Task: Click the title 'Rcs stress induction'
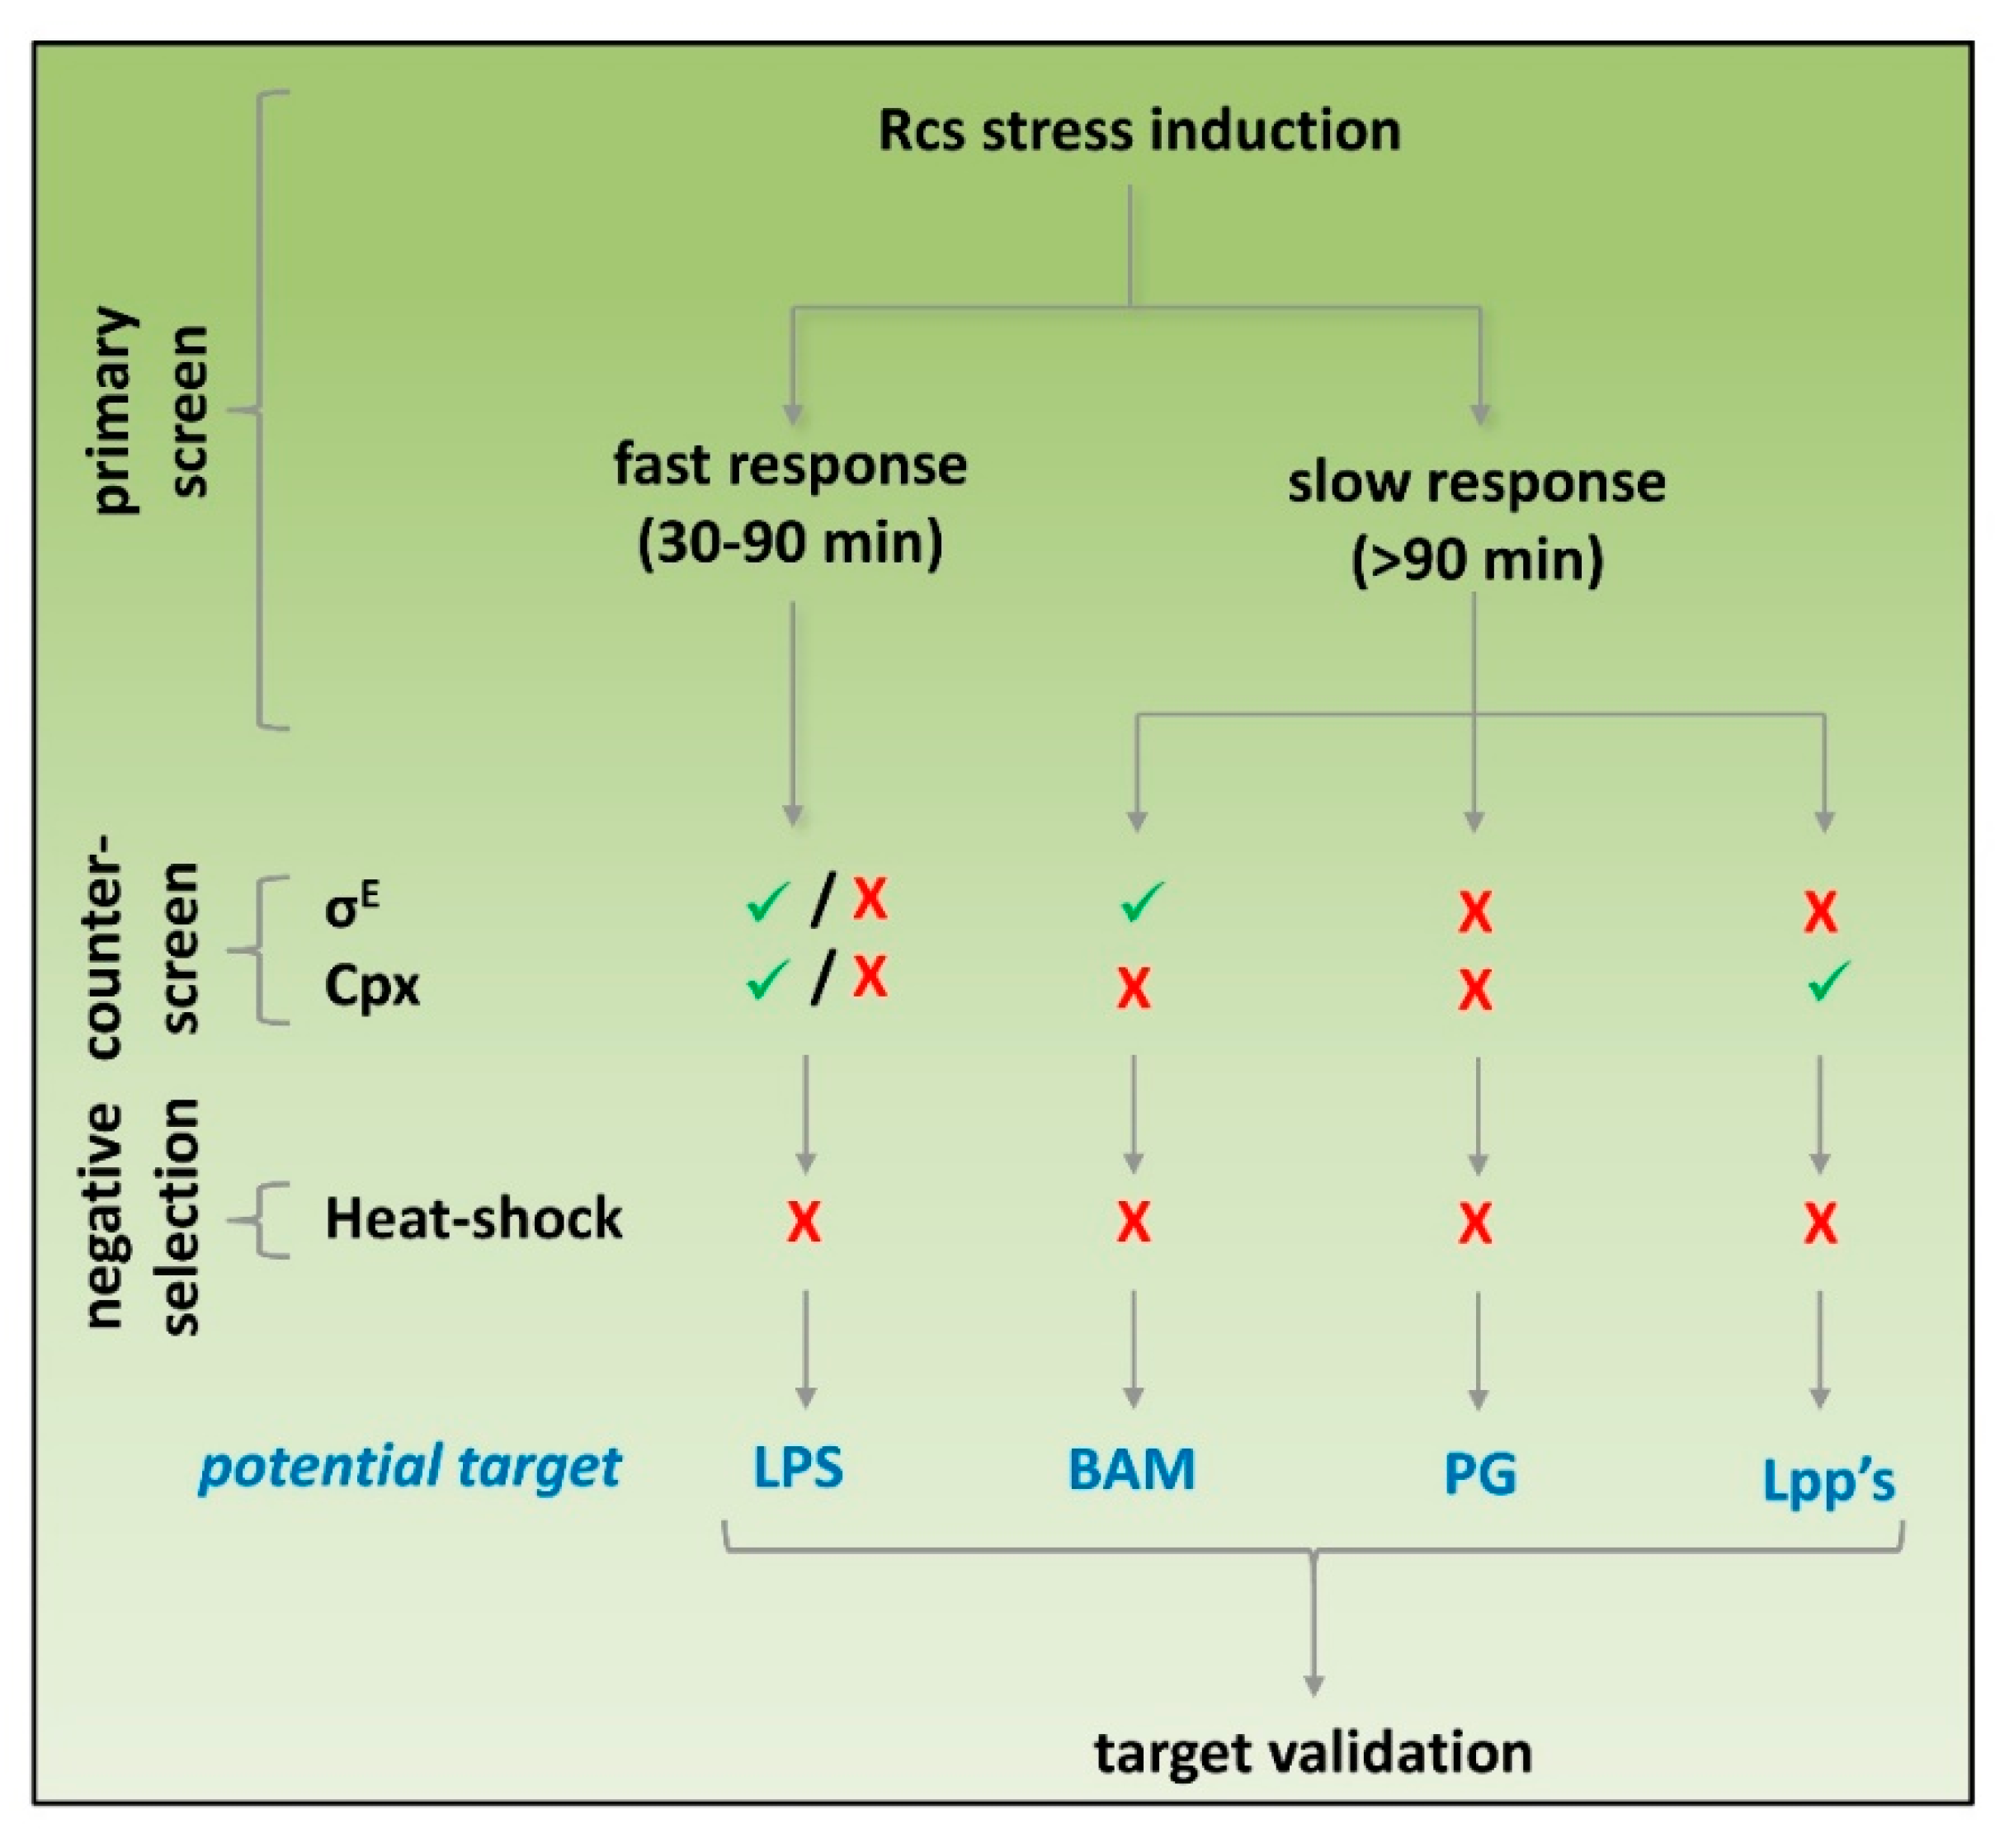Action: (x=1139, y=131)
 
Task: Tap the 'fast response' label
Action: (x=790, y=464)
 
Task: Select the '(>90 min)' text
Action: (x=1477, y=560)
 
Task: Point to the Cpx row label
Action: (x=372, y=986)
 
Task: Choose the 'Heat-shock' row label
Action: (x=474, y=1218)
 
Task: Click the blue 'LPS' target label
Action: (x=798, y=1468)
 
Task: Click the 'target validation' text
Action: (x=1313, y=1753)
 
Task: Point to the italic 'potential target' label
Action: (x=410, y=1467)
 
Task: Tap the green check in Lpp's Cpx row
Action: (x=1828, y=981)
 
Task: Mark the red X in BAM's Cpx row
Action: (x=1134, y=989)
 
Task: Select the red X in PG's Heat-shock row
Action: (x=1475, y=1223)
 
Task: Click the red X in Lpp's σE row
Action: (x=1820, y=912)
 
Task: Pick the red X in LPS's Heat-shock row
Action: (x=804, y=1222)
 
